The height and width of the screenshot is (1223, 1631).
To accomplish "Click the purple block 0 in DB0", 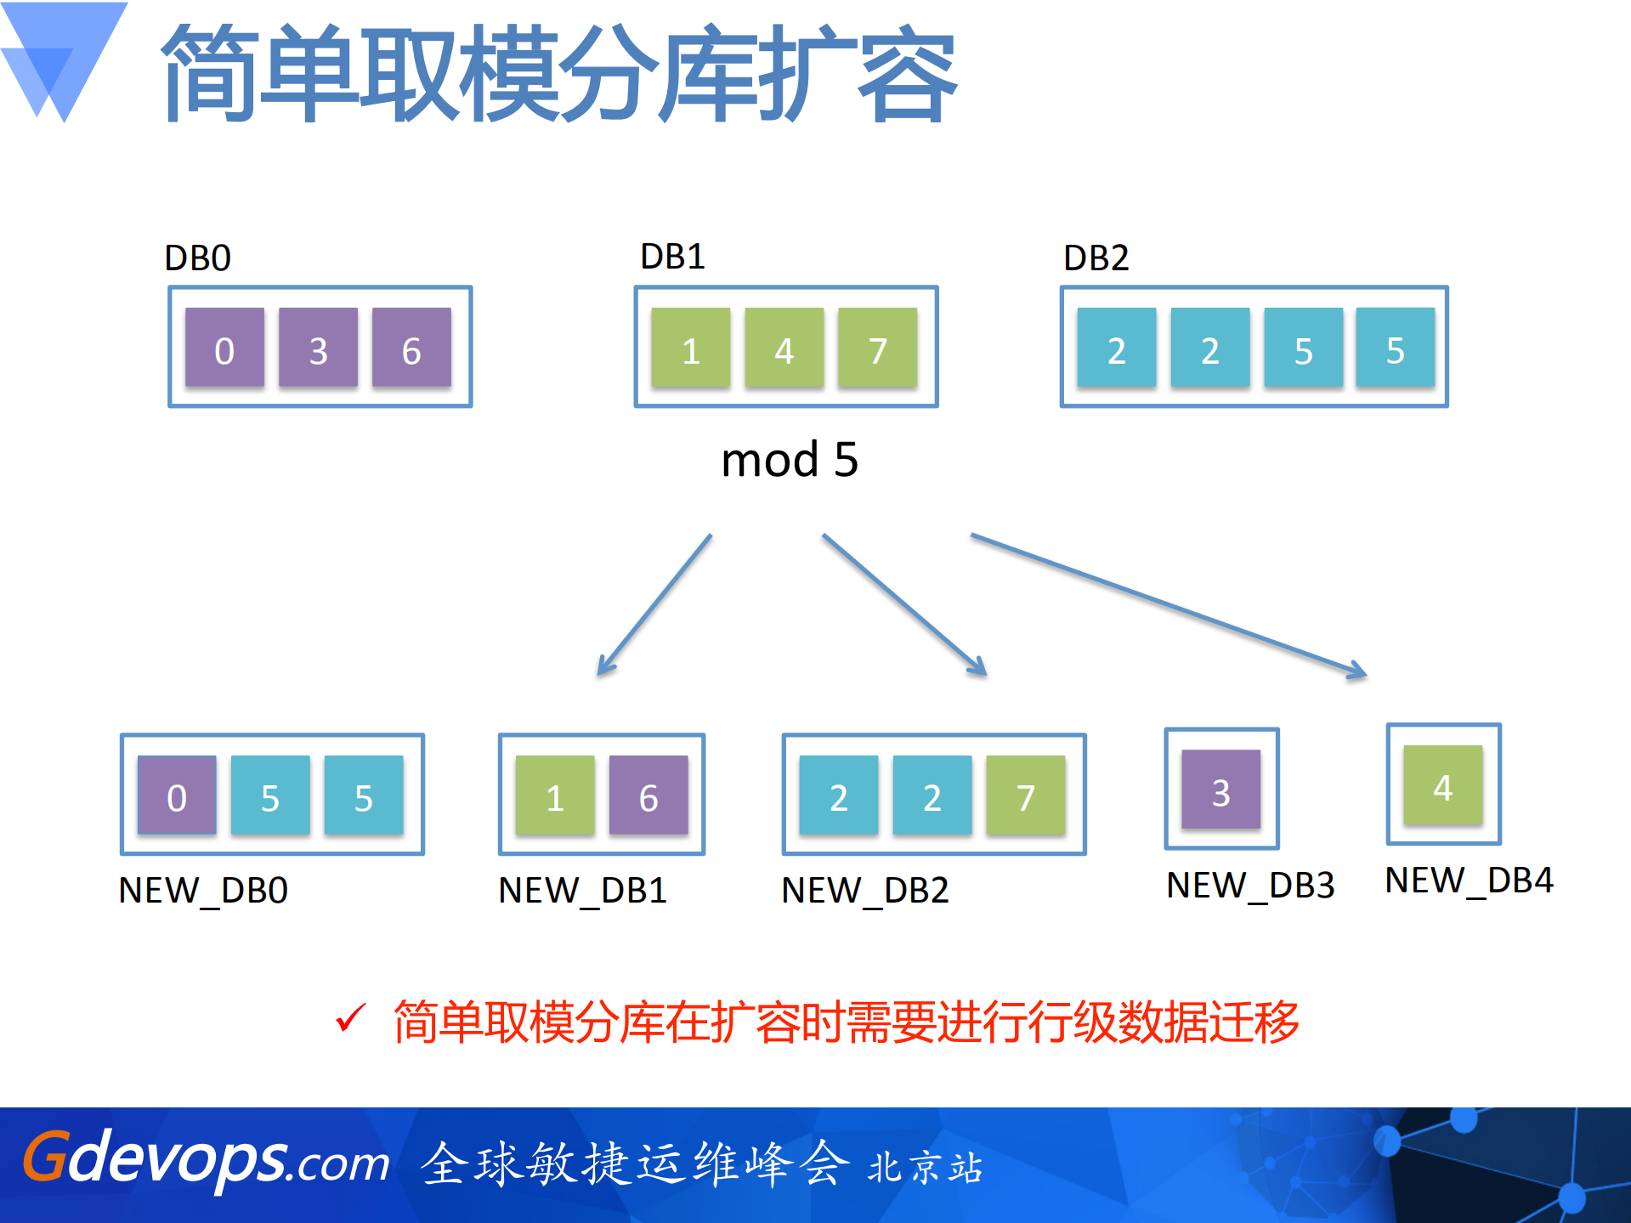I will tap(224, 348).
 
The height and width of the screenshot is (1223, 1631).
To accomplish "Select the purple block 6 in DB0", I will tap(411, 348).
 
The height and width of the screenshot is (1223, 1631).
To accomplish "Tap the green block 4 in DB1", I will tap(784, 348).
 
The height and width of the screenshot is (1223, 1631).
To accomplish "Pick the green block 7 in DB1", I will tap(877, 348).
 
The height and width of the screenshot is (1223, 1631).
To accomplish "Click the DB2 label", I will tap(1096, 258).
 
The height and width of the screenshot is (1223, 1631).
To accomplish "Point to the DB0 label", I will tap(197, 258).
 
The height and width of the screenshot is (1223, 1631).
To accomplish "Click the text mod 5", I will tap(789, 460).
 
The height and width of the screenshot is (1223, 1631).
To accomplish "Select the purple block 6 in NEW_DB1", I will tap(648, 796).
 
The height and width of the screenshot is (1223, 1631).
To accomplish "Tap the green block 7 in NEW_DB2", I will tap(1025, 796).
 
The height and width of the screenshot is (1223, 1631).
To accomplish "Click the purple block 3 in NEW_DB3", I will tap(1220, 790).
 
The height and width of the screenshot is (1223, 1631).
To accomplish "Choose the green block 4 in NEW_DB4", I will tap(1442, 785).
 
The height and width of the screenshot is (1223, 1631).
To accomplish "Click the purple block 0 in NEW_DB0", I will tap(177, 796).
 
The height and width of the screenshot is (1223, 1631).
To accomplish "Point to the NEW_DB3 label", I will tap(1250, 886).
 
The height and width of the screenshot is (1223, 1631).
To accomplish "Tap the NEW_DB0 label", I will tap(203, 891).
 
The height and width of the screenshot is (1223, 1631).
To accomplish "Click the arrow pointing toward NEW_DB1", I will tap(654, 605).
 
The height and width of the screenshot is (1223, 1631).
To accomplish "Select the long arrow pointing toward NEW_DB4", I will tap(1169, 604).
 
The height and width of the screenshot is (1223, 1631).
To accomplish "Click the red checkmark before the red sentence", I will tap(350, 1017).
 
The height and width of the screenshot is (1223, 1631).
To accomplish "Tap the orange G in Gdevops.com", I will tap(44, 1157).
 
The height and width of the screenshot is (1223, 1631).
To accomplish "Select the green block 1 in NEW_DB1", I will tap(555, 796).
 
